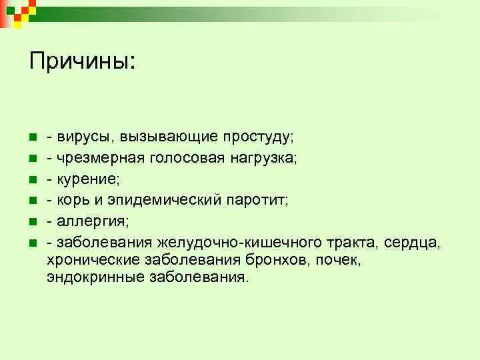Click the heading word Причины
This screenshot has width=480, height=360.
click(x=81, y=62)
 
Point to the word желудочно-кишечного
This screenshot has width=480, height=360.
click(x=240, y=241)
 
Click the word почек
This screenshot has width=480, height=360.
click(x=341, y=259)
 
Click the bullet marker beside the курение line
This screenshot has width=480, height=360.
click(x=32, y=179)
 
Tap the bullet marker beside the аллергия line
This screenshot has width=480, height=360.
click(x=32, y=221)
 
